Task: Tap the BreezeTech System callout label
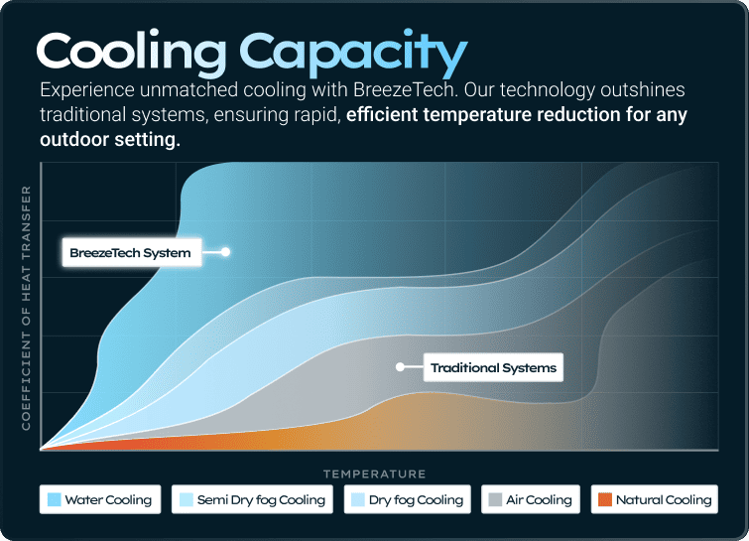pyautogui.click(x=130, y=252)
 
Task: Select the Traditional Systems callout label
pyautogui.click(x=493, y=367)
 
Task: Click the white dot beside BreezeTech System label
pyautogui.click(x=226, y=252)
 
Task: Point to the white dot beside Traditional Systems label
pyautogui.click(x=401, y=366)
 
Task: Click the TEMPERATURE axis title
pyautogui.click(x=374, y=473)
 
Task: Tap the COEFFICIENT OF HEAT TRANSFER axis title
pyautogui.click(x=27, y=308)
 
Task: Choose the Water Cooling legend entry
pyautogui.click(x=99, y=499)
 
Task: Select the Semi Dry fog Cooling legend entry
pyautogui.click(x=251, y=499)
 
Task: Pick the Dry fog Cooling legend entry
pyautogui.click(x=407, y=499)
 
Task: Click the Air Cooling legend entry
pyautogui.click(x=530, y=499)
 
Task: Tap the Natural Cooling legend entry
pyautogui.click(x=654, y=499)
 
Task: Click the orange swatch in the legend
pyautogui.click(x=604, y=499)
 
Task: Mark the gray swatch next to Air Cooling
pyautogui.click(x=495, y=499)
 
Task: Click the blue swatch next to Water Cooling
pyautogui.click(x=55, y=499)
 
